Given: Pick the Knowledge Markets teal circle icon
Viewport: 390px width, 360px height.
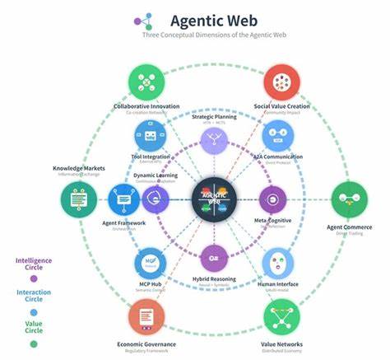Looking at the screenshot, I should pos(80,199).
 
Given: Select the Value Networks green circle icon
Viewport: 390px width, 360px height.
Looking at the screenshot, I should pos(280,316).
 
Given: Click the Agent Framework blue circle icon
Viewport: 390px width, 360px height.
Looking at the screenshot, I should pos(124,199).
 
